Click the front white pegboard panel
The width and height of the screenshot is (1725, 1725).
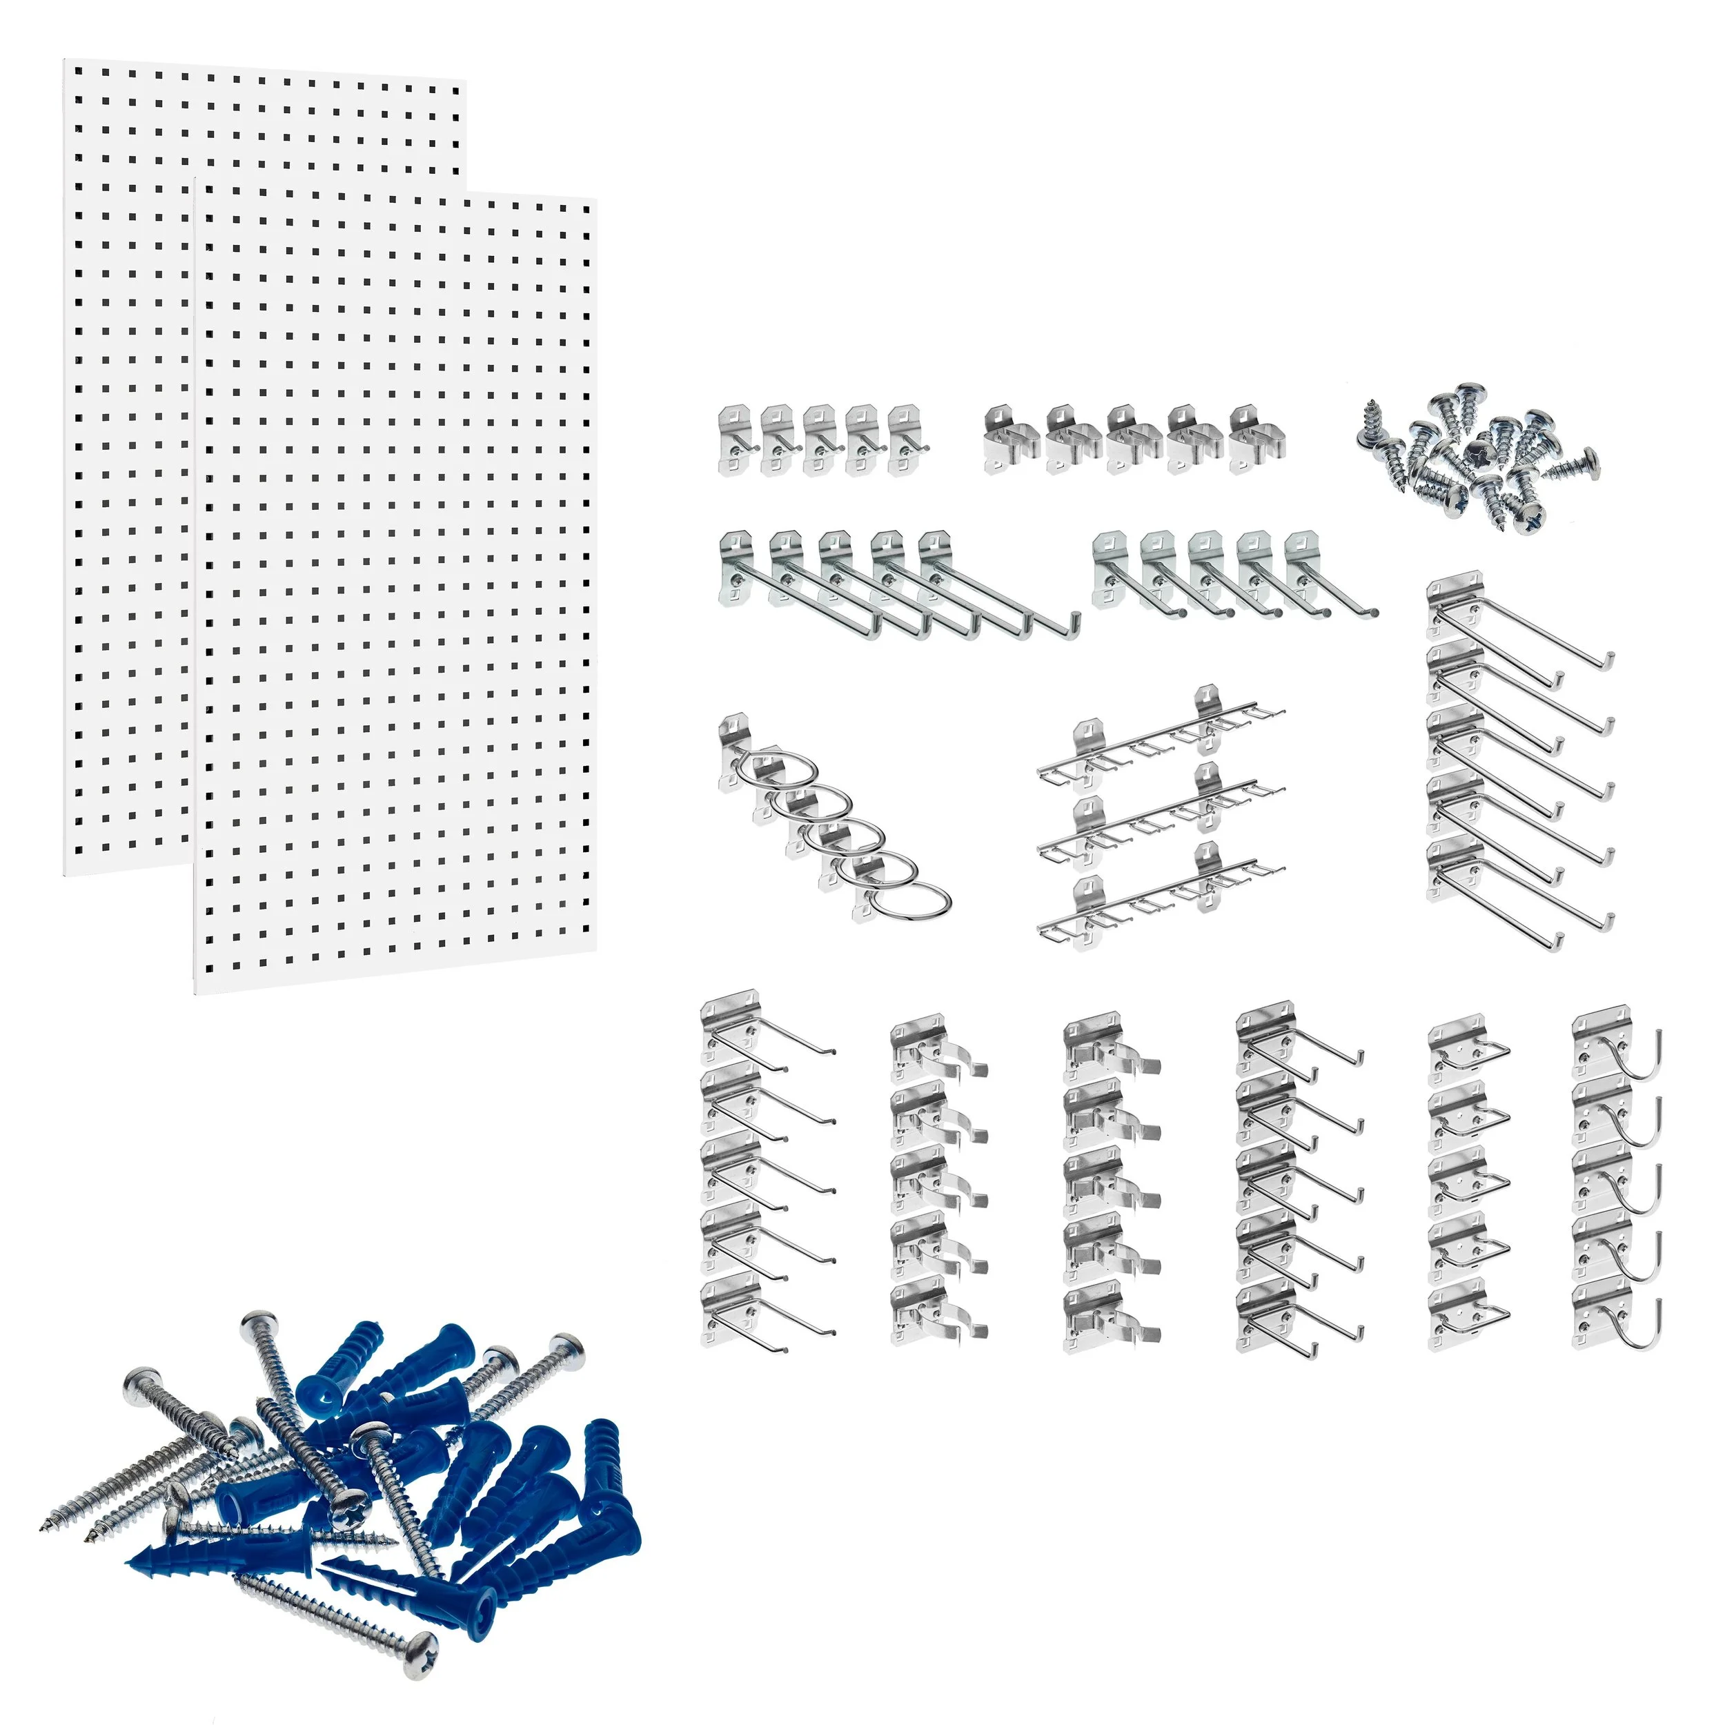pos(393,589)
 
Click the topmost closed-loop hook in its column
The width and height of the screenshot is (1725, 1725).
pos(1469,1049)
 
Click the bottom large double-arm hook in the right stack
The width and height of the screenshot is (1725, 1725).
pos(1518,893)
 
